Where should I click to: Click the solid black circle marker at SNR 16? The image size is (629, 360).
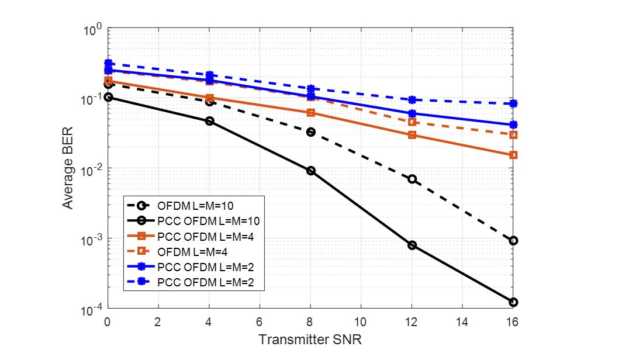coord(513,302)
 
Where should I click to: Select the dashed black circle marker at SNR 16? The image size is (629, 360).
coord(513,241)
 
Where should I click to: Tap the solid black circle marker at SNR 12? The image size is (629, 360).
coord(412,245)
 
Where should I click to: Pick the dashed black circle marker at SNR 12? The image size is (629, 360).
coord(412,179)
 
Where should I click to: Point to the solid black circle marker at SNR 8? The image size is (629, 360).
coord(310,171)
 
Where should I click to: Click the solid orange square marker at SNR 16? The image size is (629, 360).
coord(513,155)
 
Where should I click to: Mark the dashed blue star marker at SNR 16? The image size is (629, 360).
coord(513,103)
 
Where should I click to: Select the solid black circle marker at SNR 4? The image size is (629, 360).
coord(209,121)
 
